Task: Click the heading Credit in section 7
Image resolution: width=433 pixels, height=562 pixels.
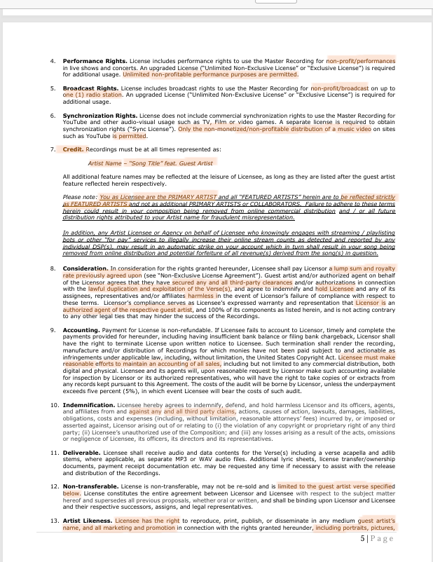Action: [73, 149]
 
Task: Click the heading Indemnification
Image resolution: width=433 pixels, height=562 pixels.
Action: [88, 406]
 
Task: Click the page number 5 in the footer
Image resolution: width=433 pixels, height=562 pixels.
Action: [362, 538]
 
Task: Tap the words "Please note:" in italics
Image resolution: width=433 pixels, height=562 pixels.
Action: [80, 197]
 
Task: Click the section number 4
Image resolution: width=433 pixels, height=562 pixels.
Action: [53, 61]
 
